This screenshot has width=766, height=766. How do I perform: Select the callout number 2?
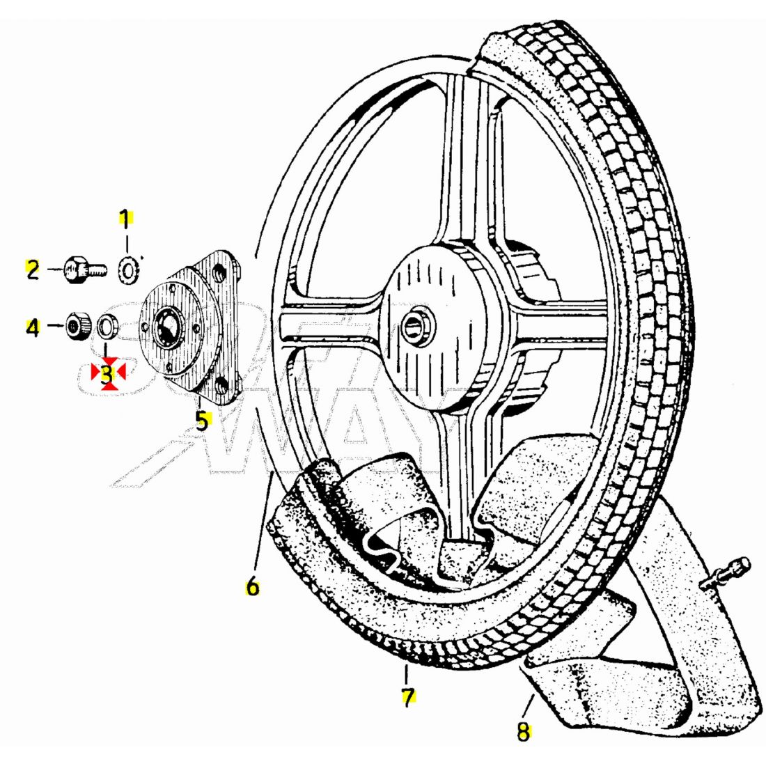tap(33, 269)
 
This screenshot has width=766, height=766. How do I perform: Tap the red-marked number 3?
tap(107, 375)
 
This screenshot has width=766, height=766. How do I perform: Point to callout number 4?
tap(33, 327)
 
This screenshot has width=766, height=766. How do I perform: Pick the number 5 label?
tap(202, 420)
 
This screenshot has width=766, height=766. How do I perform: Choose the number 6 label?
tap(252, 586)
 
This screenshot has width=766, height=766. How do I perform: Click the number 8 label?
tap(523, 731)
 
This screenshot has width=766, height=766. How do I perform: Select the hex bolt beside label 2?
tap(82, 269)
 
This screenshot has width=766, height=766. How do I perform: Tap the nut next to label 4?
tap(76, 325)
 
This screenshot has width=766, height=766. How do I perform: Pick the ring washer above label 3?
tap(107, 325)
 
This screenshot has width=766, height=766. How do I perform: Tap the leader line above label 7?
tap(406, 675)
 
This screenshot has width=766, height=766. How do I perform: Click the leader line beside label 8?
tap(528, 707)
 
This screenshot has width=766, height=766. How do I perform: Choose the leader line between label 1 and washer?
tap(126, 240)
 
